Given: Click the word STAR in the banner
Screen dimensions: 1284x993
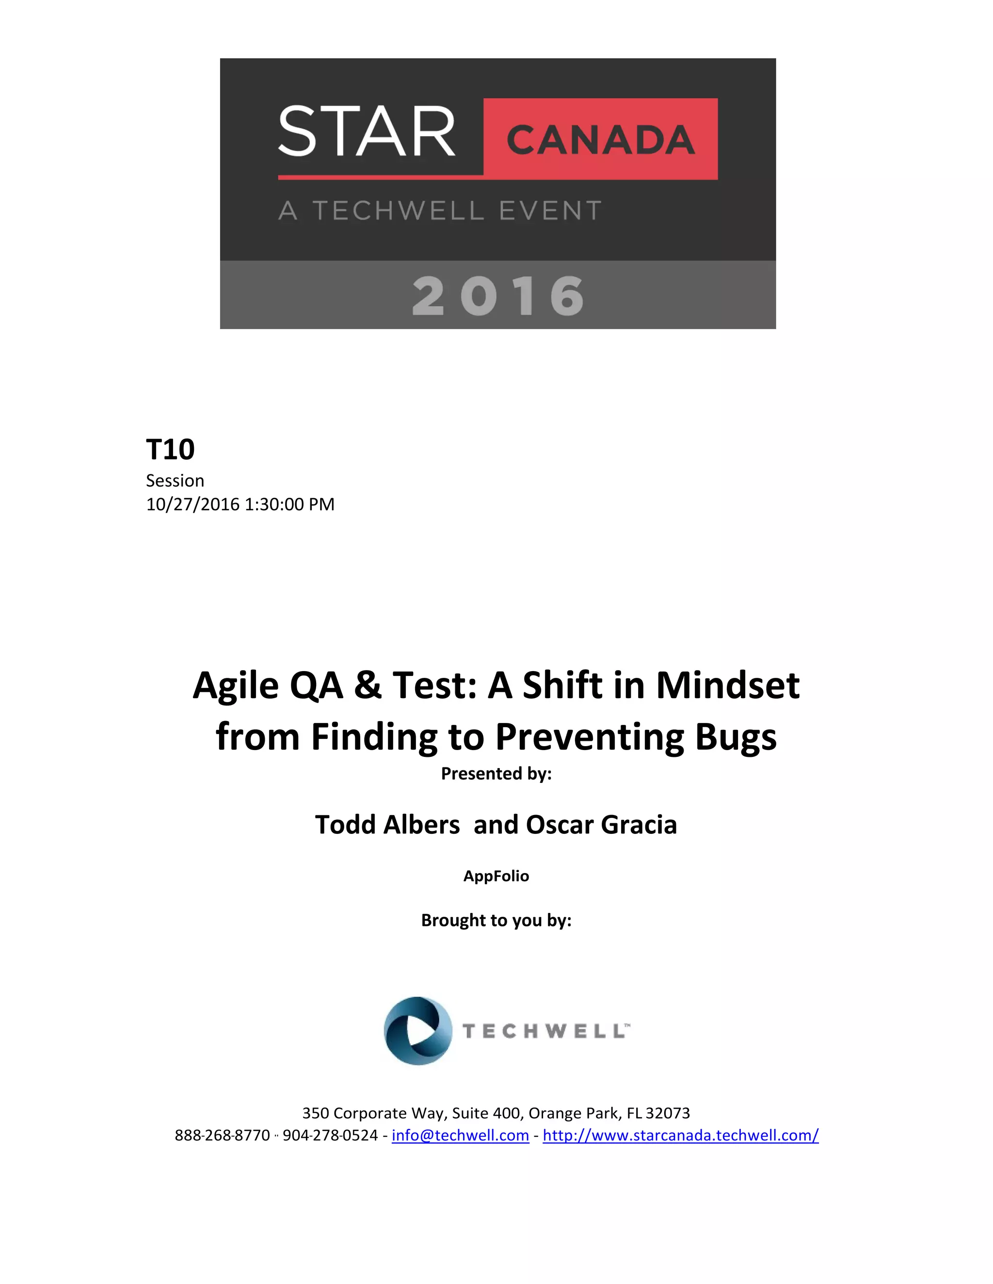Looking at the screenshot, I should pos(367,131).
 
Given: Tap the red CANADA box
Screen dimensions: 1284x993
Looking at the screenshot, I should pos(600,140).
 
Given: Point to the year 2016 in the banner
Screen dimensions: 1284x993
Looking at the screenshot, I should pos(497,296).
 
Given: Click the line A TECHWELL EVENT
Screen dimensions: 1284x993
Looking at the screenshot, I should pos(439,210).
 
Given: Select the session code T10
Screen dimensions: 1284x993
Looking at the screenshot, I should pos(170,449).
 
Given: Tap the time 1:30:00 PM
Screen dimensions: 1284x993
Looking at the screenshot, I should pos(289,504).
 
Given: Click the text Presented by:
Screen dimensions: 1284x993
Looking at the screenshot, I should pos(496,773).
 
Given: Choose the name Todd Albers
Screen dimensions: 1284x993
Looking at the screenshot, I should pos(387,824).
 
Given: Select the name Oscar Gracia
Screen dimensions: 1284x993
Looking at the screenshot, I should pos(601,824).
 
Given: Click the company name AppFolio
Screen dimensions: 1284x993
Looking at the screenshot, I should pos(496,876).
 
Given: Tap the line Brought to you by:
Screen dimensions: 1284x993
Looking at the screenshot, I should pos(496,920).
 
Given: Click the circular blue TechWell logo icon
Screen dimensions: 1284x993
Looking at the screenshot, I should pos(417,1031).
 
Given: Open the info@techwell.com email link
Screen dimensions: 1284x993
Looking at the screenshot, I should pos(460,1135).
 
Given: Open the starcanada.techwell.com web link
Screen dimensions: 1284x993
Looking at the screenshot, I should pos(680,1135).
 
